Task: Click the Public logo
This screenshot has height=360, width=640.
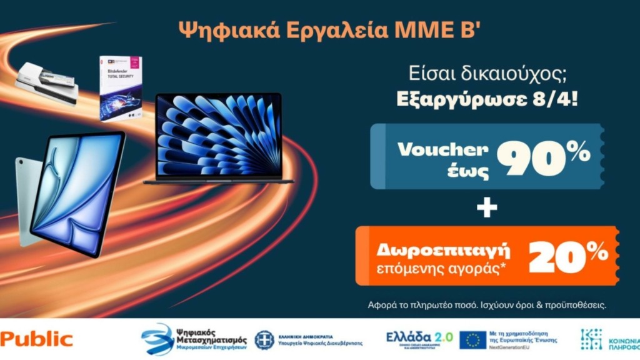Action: (36, 339)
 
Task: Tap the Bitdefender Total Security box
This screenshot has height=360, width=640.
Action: (120, 87)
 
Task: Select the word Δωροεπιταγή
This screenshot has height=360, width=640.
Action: (443, 251)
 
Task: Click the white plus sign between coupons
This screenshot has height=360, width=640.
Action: (487, 207)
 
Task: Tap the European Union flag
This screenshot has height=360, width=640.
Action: (472, 339)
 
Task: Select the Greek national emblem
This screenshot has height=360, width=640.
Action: (264, 340)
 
